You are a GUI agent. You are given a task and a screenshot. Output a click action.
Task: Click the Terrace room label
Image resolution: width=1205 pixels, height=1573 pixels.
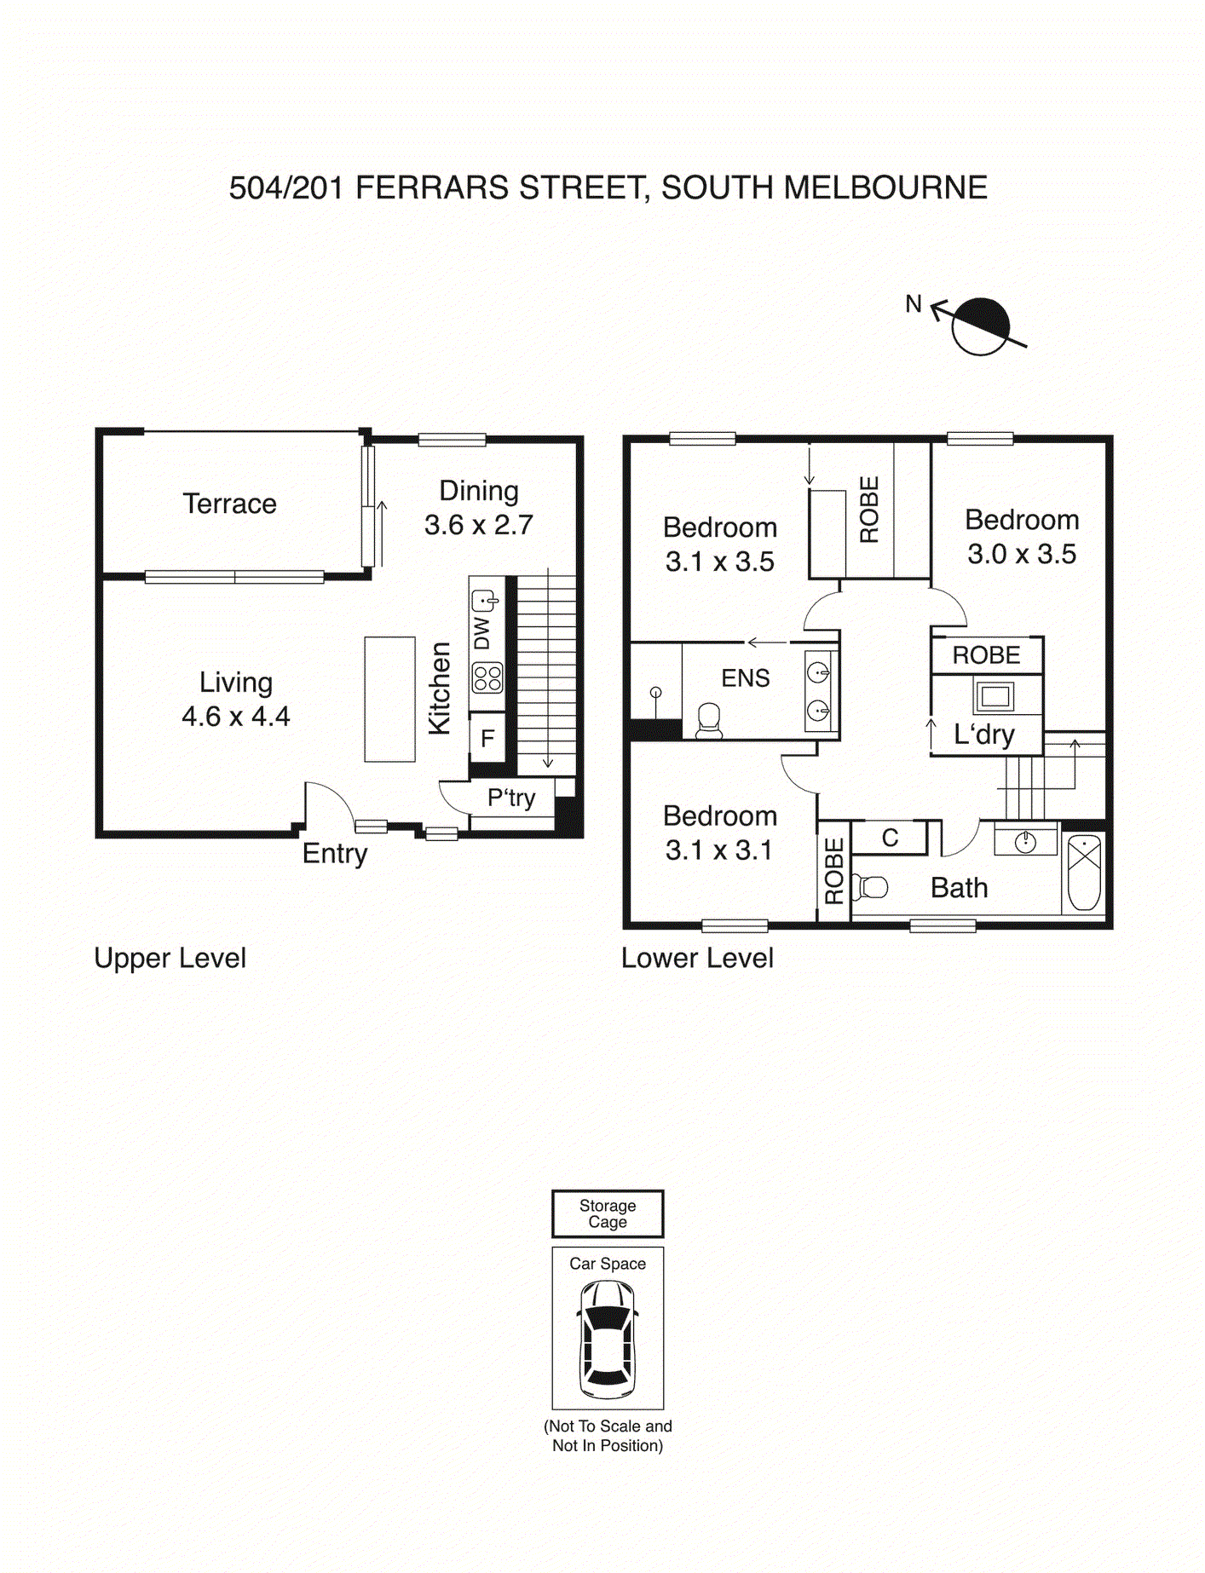point(229,504)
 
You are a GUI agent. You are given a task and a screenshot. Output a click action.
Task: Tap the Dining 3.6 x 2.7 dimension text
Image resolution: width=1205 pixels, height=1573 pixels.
point(479,525)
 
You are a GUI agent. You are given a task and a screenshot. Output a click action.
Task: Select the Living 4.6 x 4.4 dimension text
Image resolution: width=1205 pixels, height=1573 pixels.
point(236,717)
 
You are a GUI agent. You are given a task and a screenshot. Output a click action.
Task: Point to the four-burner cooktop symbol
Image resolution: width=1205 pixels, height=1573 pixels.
point(487,678)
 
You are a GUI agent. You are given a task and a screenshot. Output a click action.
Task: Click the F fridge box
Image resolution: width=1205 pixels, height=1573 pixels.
point(487,738)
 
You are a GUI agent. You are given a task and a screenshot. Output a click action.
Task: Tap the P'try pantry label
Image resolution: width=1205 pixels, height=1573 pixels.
point(510,798)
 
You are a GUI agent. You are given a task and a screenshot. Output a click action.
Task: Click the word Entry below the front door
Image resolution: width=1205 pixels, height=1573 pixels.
point(334,853)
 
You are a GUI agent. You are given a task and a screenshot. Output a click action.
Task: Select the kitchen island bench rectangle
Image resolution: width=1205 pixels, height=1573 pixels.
point(389,699)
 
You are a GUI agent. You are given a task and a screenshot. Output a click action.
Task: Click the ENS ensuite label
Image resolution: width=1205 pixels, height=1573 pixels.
point(745,678)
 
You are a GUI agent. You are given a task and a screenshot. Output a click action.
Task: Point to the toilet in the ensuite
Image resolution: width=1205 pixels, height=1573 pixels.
point(709,720)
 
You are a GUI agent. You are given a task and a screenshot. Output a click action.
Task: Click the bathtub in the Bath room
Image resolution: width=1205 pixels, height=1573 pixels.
point(1084,873)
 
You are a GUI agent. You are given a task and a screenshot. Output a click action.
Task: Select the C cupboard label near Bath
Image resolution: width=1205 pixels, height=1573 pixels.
point(890,838)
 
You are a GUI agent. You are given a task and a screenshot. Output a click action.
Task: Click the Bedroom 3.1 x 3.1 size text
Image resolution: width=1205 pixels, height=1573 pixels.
point(719,850)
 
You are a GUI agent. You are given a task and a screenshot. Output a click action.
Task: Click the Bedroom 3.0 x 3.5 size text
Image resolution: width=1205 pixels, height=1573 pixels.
point(1021,554)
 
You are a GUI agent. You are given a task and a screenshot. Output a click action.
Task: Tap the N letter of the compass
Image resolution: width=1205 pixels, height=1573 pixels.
point(914,303)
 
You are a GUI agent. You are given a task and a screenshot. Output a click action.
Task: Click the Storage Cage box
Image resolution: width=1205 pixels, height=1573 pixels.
point(608,1213)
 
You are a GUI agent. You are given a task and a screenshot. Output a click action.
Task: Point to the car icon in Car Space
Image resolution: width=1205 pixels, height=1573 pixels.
point(608,1340)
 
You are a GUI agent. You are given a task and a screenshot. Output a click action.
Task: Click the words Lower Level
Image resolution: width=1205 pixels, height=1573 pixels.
point(697,958)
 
